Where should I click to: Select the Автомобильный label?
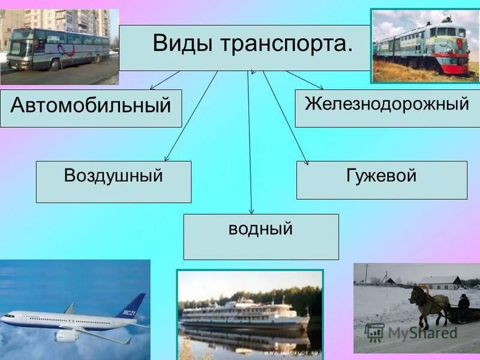tap(91, 107)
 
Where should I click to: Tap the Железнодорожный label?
tap(386, 103)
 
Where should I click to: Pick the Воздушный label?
tap(113, 176)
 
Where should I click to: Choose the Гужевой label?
tap(381, 176)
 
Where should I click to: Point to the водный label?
tap(260, 229)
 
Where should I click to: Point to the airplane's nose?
tap(5, 317)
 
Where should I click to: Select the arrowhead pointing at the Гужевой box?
tap(307, 161)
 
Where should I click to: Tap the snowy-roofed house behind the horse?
tap(438, 282)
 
